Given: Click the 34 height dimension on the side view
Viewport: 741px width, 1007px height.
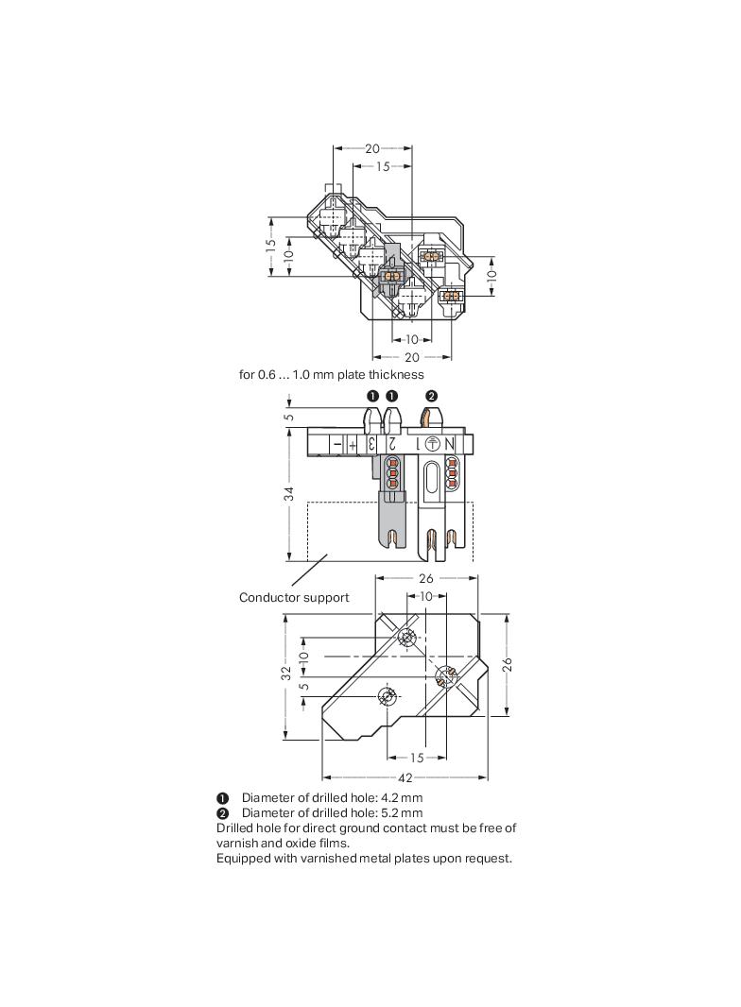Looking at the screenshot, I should coord(290,493).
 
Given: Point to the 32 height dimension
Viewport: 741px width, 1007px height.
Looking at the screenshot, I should coord(285,673).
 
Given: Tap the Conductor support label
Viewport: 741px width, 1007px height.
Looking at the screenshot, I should coord(293,597).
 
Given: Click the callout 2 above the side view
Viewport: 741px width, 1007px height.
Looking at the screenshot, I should coord(431,396).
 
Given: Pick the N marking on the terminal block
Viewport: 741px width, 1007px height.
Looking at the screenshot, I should coord(449,444).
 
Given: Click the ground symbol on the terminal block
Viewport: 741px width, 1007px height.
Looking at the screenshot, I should coord(431,444).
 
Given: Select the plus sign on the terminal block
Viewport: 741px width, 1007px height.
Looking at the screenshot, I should coord(352,444).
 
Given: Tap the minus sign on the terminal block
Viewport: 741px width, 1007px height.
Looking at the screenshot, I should coord(336,444).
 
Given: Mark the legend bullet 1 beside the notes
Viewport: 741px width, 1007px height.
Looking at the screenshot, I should coord(222,797).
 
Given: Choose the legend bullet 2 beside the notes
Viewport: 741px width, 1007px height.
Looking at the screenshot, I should coord(222,812).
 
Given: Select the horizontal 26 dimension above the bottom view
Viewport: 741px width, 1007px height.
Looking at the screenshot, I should coord(424,578).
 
